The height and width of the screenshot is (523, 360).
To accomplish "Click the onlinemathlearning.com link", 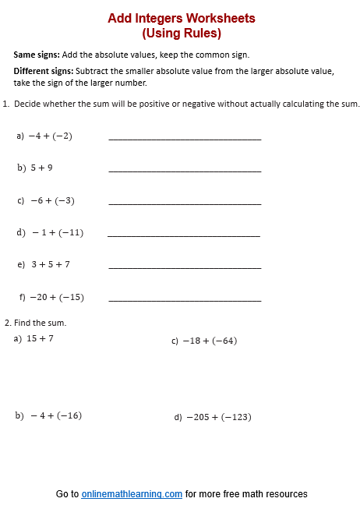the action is (x=132, y=494).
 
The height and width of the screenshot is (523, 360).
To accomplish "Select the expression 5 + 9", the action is (x=42, y=168).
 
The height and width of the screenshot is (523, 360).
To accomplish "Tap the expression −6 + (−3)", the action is (x=52, y=200).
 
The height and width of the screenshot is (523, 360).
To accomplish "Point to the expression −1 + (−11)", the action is (x=57, y=232).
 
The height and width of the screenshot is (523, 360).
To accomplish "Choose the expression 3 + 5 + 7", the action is (x=51, y=265).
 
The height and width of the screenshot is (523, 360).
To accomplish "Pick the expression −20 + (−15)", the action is (x=57, y=297).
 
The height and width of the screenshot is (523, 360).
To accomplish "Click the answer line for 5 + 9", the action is (x=185, y=171).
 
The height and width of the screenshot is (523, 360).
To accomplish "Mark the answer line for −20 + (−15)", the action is (x=185, y=300).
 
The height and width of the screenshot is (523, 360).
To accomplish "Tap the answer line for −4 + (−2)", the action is (x=185, y=139).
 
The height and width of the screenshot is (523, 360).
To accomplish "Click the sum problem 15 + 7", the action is (x=40, y=338).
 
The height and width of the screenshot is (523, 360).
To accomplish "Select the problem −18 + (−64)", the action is (x=210, y=341).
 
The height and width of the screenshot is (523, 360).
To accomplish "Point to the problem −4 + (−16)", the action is (x=55, y=415).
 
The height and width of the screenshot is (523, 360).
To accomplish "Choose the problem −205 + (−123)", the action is (x=217, y=417).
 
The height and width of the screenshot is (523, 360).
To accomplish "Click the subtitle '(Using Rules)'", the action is (x=182, y=34).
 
